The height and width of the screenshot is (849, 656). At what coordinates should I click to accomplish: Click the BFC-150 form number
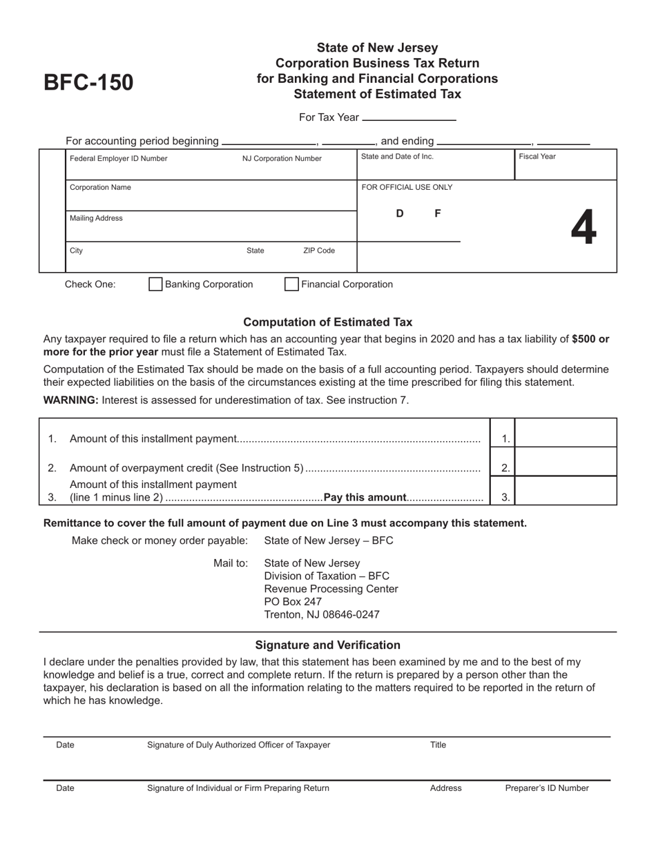click(x=88, y=83)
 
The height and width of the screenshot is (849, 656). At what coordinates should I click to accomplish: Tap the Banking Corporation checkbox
click(x=156, y=284)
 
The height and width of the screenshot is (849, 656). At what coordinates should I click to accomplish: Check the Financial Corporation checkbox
click(x=292, y=284)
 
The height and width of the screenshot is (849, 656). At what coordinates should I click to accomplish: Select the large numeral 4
click(x=583, y=228)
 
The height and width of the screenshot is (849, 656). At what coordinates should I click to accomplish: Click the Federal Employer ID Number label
click(x=118, y=159)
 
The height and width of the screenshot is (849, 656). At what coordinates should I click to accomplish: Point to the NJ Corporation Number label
click(x=282, y=159)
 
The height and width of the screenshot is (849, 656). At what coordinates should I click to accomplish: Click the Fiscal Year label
click(x=537, y=157)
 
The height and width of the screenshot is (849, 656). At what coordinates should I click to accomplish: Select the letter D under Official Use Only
click(x=399, y=214)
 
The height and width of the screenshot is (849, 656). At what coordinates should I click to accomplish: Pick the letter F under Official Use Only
click(x=437, y=214)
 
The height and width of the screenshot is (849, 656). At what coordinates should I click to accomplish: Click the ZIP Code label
click(x=318, y=251)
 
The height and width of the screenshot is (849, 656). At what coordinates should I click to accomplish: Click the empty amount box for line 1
click(x=566, y=433)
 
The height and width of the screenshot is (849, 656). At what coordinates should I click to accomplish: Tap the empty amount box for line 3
click(x=566, y=491)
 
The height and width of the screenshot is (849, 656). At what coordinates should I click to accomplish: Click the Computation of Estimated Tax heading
click(x=328, y=322)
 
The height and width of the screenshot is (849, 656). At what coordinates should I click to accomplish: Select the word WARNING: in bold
click(x=71, y=400)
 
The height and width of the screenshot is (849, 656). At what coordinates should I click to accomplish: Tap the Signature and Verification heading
click(x=328, y=645)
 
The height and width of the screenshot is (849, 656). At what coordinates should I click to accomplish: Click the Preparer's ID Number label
click(x=547, y=788)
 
